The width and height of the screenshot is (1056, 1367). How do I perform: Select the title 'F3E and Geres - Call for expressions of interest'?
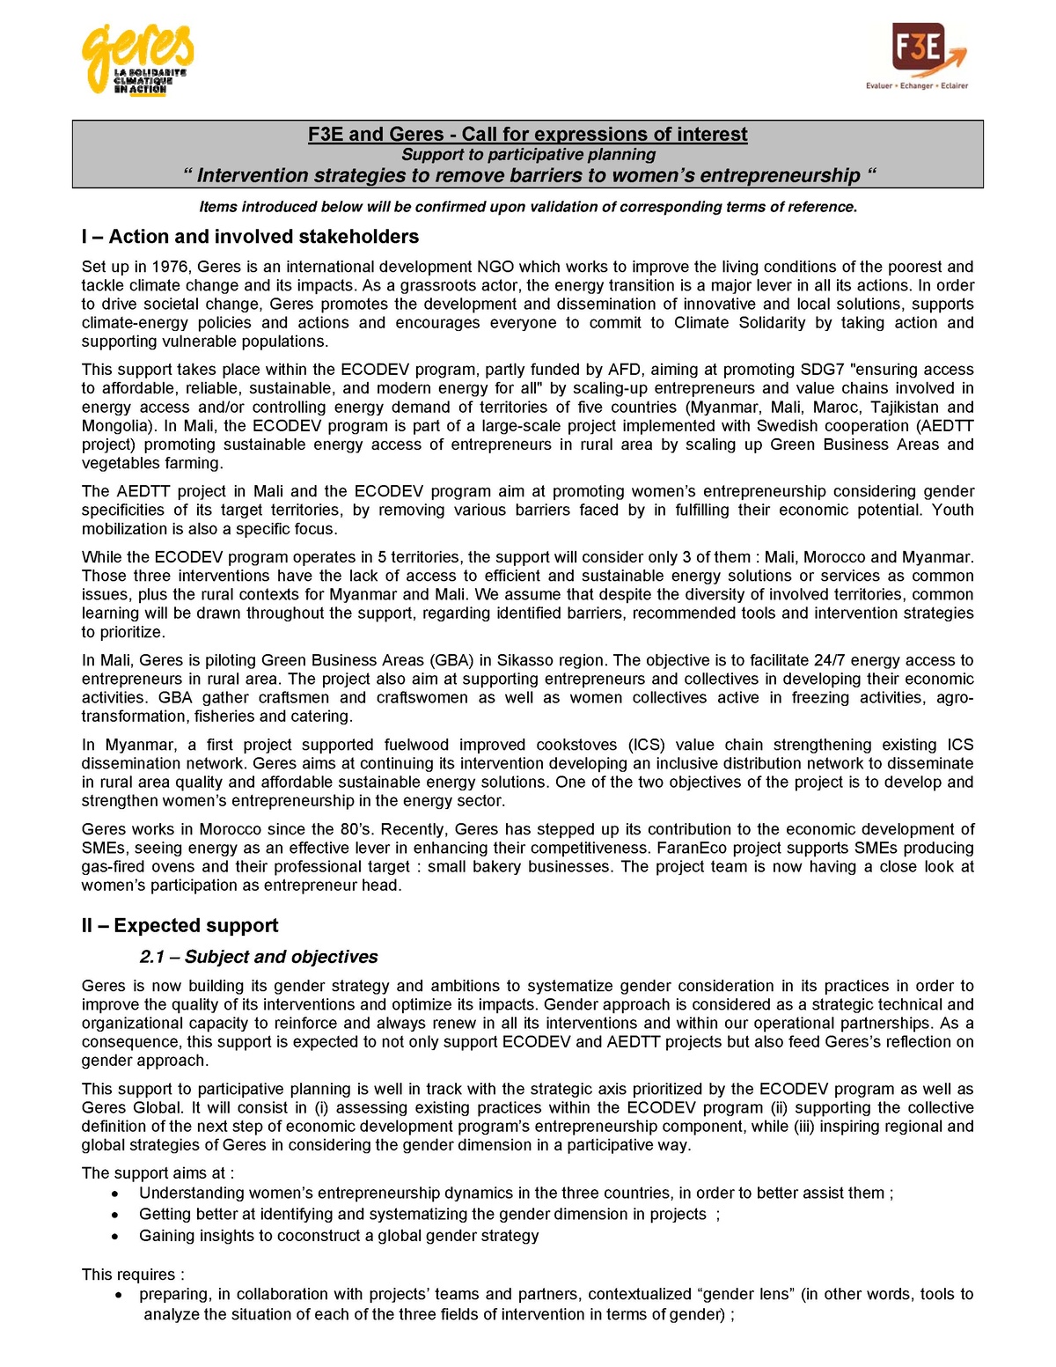[x=527, y=134]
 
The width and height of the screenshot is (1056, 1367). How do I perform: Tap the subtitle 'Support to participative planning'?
[x=528, y=154]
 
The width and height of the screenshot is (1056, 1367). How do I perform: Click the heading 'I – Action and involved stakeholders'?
[x=250, y=237]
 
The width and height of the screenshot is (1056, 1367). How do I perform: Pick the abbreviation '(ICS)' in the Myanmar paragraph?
[x=648, y=745]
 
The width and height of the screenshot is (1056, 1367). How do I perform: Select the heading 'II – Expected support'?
[x=180, y=925]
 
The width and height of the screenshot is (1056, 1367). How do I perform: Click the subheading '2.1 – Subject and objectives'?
[x=259, y=957]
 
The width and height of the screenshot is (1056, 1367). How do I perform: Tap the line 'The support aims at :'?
[x=158, y=1172]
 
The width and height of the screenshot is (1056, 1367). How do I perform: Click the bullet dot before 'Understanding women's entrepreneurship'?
[x=115, y=1194]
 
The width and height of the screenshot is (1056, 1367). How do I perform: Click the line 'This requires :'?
[x=133, y=1274]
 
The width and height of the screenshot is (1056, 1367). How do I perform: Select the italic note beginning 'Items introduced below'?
[x=528, y=207]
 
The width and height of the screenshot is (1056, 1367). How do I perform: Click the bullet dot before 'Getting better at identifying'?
[x=115, y=1216]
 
